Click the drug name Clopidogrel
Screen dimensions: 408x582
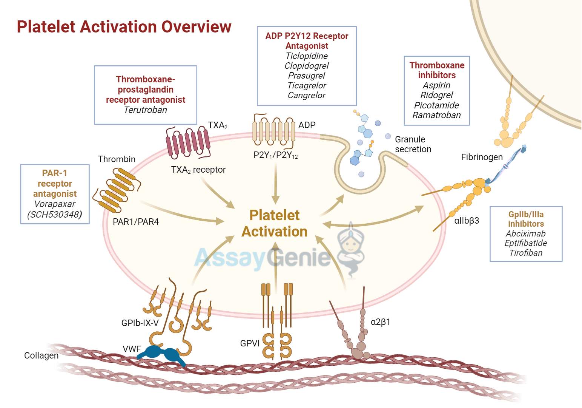pyautogui.click(x=306, y=66)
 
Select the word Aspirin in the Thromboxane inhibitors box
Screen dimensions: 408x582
pyautogui.click(x=436, y=85)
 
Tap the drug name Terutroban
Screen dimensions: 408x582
pyautogui.click(x=145, y=110)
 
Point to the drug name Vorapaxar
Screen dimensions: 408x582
pyautogui.click(x=55, y=204)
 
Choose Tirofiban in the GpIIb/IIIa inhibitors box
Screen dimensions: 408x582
pyautogui.click(x=525, y=253)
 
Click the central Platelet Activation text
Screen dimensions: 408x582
pyautogui.click(x=275, y=223)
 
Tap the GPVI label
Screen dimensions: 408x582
pyautogui.click(x=250, y=343)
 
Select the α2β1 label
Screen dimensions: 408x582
pyautogui.click(x=380, y=322)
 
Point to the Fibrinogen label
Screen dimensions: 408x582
pyautogui.click(x=482, y=157)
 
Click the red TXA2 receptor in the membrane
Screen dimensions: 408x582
pyautogui.click(x=188, y=142)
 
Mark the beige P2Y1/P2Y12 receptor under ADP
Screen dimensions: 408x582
pyautogui.click(x=273, y=131)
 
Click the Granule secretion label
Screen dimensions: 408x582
pyautogui.click(x=413, y=144)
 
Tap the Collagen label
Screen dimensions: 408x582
pyautogui.click(x=41, y=355)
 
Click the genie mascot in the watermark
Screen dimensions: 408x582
pyautogui.click(x=351, y=250)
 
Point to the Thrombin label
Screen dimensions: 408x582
pyautogui.click(x=117, y=159)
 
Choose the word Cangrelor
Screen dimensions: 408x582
pyautogui.click(x=306, y=95)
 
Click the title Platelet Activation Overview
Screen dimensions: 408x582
pyautogui.click(x=124, y=27)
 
